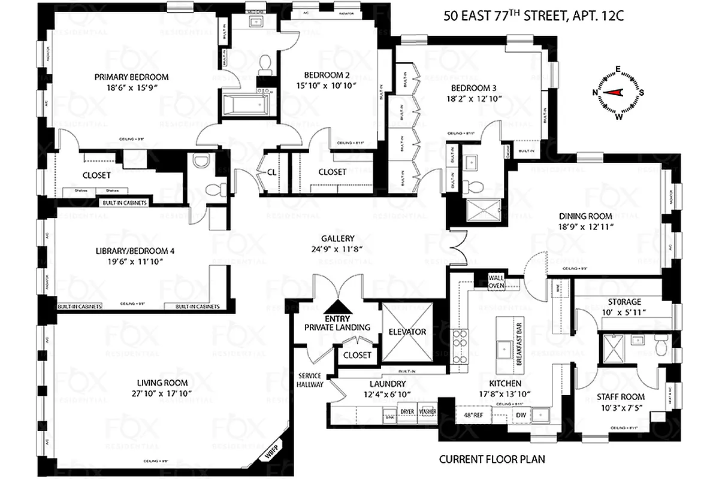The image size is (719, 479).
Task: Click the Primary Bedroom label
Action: point(131,77)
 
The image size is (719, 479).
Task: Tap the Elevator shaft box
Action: point(407,331)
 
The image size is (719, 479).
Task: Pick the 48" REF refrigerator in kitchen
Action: point(473,414)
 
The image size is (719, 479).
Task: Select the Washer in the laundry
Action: point(428,413)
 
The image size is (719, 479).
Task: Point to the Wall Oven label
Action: point(496,281)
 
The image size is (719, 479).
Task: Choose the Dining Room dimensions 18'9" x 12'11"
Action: point(585,227)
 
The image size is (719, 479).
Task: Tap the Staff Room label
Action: point(620,397)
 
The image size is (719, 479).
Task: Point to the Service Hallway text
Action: point(311,380)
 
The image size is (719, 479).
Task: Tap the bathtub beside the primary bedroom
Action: point(246,105)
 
